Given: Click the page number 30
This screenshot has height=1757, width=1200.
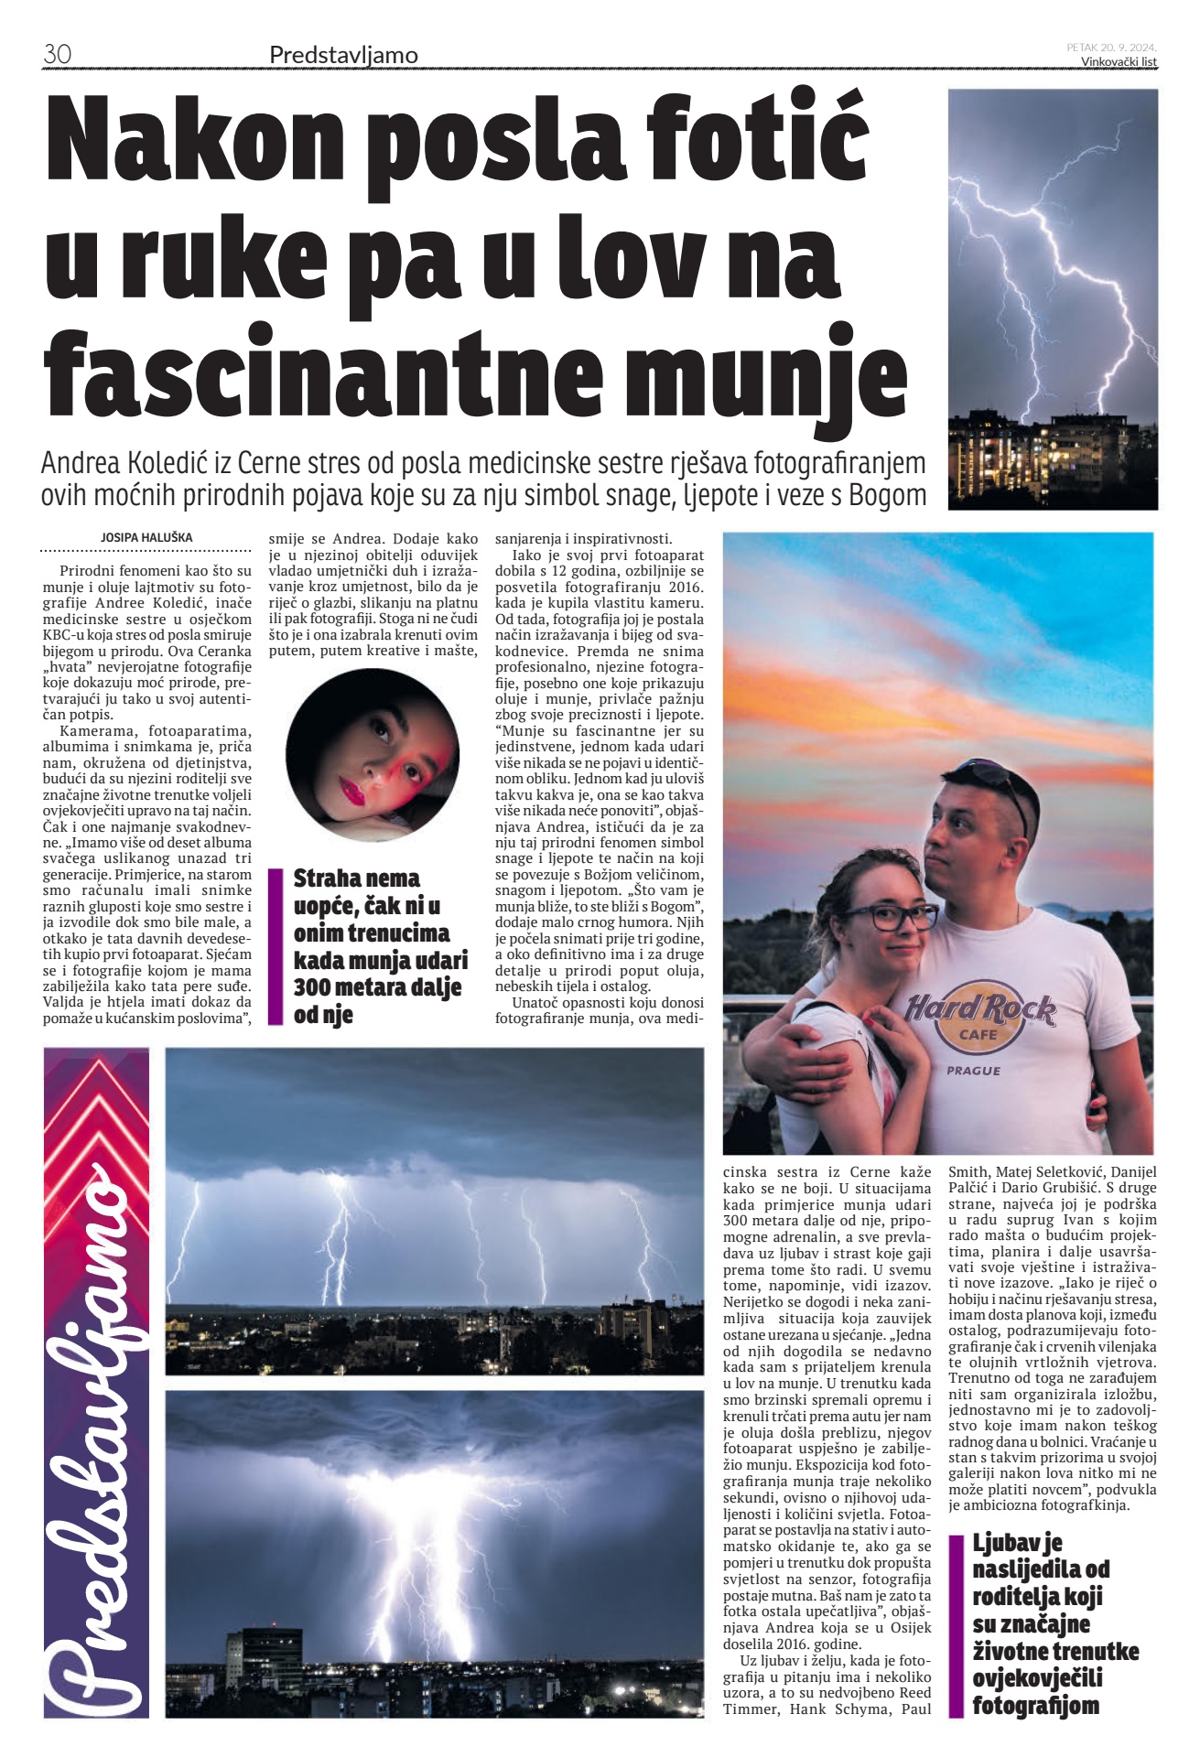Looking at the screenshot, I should [57, 55].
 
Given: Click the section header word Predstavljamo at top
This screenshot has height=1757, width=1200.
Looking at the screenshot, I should [343, 56].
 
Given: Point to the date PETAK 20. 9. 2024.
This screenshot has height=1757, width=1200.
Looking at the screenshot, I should [1111, 47].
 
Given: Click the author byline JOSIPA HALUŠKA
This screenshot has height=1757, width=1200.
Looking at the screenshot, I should [146, 538].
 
